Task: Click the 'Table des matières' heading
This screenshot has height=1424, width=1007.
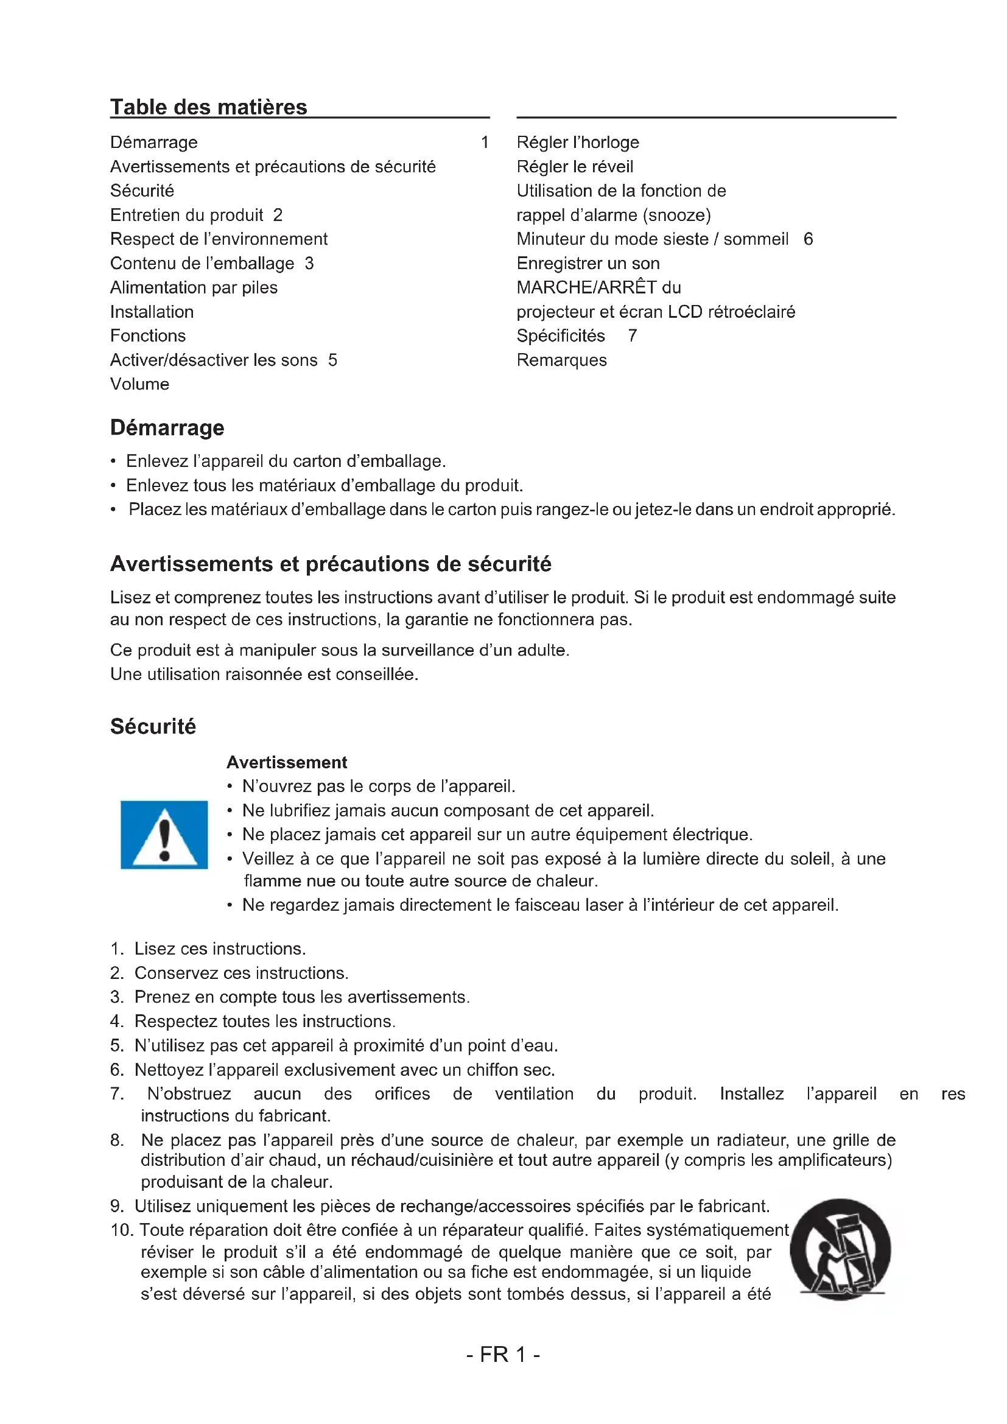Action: pos(208,107)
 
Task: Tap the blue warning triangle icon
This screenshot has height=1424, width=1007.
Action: pos(164,835)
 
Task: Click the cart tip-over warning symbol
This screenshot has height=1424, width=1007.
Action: pos(840,1250)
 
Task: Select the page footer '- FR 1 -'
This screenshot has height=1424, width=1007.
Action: pos(503,1354)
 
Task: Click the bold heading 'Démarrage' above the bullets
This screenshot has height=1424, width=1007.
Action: pos(167,428)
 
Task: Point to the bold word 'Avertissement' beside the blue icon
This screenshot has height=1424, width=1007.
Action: pos(287,762)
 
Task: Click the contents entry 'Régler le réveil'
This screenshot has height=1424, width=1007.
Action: pos(575,167)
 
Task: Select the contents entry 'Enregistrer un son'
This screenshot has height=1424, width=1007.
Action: pos(588,264)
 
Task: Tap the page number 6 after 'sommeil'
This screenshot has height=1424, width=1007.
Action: pos(808,239)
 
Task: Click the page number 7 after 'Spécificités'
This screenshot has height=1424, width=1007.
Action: pos(633,336)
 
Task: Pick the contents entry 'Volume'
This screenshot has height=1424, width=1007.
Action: pos(139,385)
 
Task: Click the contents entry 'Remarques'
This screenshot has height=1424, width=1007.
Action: pos(562,360)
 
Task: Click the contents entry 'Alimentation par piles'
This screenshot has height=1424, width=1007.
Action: pos(194,288)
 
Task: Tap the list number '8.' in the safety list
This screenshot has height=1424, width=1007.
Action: pos(117,1140)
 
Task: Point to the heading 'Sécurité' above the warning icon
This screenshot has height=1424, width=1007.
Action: pos(153,726)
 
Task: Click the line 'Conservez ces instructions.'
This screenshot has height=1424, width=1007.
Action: pos(241,972)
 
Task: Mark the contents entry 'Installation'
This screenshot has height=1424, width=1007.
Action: pos(152,312)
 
